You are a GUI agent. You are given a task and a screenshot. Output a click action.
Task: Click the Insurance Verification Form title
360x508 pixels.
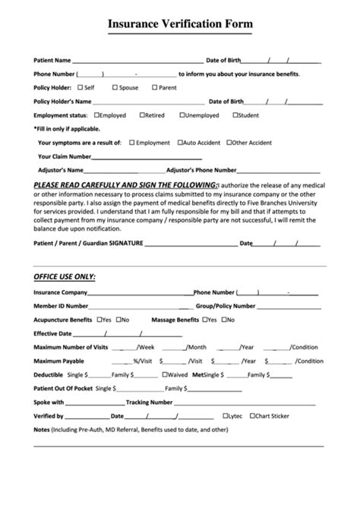tap(180, 25)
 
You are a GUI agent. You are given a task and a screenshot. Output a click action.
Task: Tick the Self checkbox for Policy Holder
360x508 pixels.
tap(81, 87)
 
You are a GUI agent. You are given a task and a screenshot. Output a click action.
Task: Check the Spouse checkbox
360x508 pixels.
tap(115, 87)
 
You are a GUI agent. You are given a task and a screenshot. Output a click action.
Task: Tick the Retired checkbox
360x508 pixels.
tap(141, 115)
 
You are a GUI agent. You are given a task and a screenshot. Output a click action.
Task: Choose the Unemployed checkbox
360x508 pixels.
tap(182, 115)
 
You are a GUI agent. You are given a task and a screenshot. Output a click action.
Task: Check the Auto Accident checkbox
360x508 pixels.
tap(180, 142)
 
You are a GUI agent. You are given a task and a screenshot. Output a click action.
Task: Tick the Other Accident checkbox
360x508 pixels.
tap(229, 142)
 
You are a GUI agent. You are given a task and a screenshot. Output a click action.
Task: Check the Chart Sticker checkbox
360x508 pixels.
tap(251, 416)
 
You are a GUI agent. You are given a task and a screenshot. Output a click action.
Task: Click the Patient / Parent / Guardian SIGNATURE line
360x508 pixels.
tap(190, 245)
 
